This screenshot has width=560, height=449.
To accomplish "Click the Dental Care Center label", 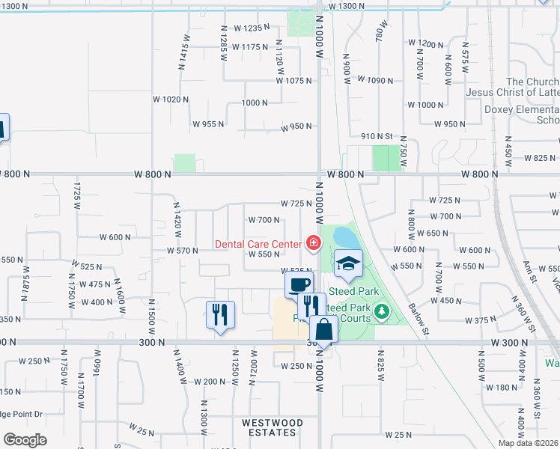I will (258, 243).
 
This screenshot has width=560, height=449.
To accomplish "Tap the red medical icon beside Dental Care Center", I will (311, 242).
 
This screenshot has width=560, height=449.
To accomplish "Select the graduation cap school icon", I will (348, 263).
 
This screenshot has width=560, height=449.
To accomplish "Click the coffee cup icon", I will (299, 285).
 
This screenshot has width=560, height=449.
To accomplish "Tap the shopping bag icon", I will (323, 329).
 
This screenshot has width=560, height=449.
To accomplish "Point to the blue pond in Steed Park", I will (345, 237).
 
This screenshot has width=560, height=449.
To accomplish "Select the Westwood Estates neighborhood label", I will (273, 428).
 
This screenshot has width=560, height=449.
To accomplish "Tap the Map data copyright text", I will (528, 443).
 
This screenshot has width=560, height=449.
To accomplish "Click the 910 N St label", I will (377, 136).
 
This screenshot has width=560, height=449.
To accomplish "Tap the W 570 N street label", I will (182, 251).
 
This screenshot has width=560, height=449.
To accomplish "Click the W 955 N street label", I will (210, 124).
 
